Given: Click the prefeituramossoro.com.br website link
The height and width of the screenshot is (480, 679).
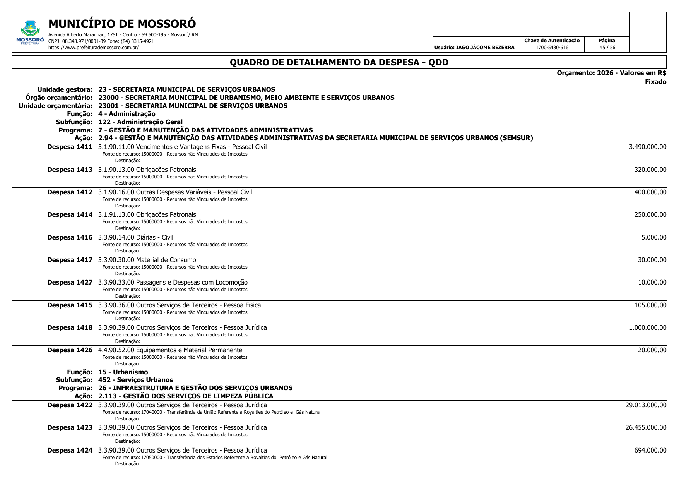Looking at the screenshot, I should [93, 48].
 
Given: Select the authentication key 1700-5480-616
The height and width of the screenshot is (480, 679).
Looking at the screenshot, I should [552, 48].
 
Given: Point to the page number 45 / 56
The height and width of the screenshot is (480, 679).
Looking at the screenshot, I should [607, 48].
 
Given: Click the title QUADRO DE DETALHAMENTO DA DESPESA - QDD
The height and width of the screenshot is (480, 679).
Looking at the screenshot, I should [339, 62].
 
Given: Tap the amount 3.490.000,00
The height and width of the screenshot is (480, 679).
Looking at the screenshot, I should [647, 147].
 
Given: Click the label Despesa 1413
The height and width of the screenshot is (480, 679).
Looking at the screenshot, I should [70, 170].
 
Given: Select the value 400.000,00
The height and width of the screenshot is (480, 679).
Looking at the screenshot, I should [650, 192].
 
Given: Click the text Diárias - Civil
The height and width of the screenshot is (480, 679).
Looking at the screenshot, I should [155, 238].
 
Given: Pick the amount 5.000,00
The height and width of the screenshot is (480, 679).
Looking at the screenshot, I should [653, 238].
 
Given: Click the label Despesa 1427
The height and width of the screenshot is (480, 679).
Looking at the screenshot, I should [70, 283].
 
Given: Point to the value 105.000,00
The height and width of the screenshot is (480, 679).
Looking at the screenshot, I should [650, 305].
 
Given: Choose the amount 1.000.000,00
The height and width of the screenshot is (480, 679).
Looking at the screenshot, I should [647, 328].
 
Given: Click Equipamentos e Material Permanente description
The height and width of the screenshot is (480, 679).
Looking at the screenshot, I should [189, 350].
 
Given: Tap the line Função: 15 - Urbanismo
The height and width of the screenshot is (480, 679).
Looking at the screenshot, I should [107, 372].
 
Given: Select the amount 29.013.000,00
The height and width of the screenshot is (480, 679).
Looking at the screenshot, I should [645, 405].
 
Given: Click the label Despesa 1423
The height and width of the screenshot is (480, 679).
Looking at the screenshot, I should [70, 428].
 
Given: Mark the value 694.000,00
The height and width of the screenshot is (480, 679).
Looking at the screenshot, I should [650, 451].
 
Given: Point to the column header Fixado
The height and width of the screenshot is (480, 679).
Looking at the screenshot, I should [655, 82].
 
